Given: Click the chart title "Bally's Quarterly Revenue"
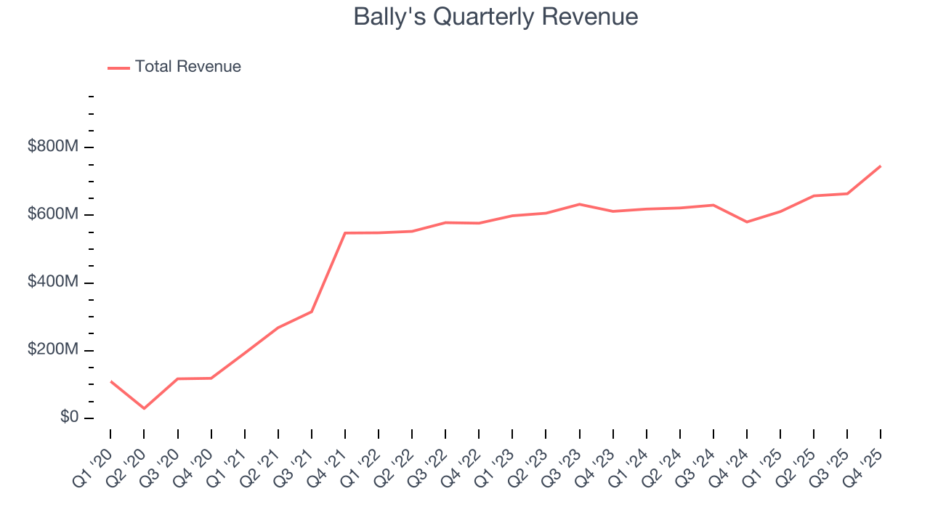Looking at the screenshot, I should (x=496, y=17).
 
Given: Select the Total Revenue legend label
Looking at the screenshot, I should (x=187, y=67).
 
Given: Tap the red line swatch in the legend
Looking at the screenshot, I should (x=118, y=68).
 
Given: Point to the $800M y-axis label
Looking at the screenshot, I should (x=53, y=147).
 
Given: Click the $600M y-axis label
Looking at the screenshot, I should (x=53, y=214).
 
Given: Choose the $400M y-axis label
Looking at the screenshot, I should (x=53, y=282).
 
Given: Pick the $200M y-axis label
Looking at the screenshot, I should (x=53, y=349).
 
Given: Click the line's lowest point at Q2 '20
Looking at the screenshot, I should (x=144, y=408).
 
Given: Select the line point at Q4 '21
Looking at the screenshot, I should (x=345, y=233).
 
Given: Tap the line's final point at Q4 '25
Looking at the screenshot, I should (x=881, y=166).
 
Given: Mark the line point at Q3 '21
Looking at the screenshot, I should (x=312, y=312).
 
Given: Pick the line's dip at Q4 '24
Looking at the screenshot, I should (x=747, y=222).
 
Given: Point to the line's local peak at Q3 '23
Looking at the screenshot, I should (x=579, y=204).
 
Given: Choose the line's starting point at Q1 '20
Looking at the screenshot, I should (x=110, y=381).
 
